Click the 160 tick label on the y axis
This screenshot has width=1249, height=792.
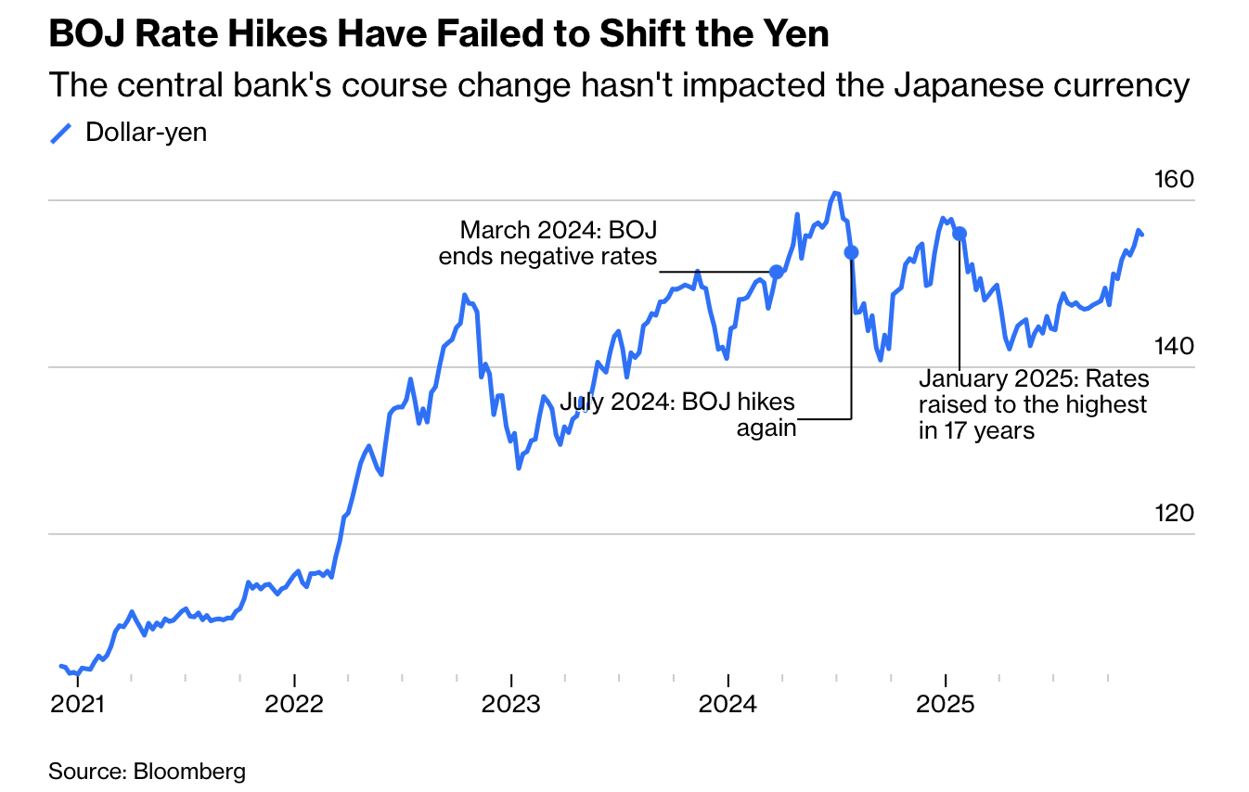[x=1172, y=179]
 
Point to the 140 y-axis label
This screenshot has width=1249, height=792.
[x=1172, y=346]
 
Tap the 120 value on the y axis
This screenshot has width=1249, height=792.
[x=1172, y=513]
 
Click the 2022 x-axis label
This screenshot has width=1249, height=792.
[x=295, y=704]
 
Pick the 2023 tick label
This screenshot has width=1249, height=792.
[x=511, y=704]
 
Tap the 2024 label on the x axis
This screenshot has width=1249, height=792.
[x=728, y=704]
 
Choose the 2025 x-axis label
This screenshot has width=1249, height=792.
[x=946, y=704]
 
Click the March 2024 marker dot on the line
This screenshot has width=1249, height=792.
[x=777, y=272]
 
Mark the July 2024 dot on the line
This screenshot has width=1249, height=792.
[x=851, y=252]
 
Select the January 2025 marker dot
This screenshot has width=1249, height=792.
[x=959, y=234]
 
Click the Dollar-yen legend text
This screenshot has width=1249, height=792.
[x=146, y=133]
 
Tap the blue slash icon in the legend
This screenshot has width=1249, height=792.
[x=61, y=134]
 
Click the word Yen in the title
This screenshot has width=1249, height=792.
[x=798, y=35]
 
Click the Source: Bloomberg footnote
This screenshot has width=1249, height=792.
[x=147, y=771]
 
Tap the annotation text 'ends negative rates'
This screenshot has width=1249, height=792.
[x=547, y=257]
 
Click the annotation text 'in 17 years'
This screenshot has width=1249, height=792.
[x=976, y=430]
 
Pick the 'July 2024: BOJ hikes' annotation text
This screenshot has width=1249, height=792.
[x=677, y=403]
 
